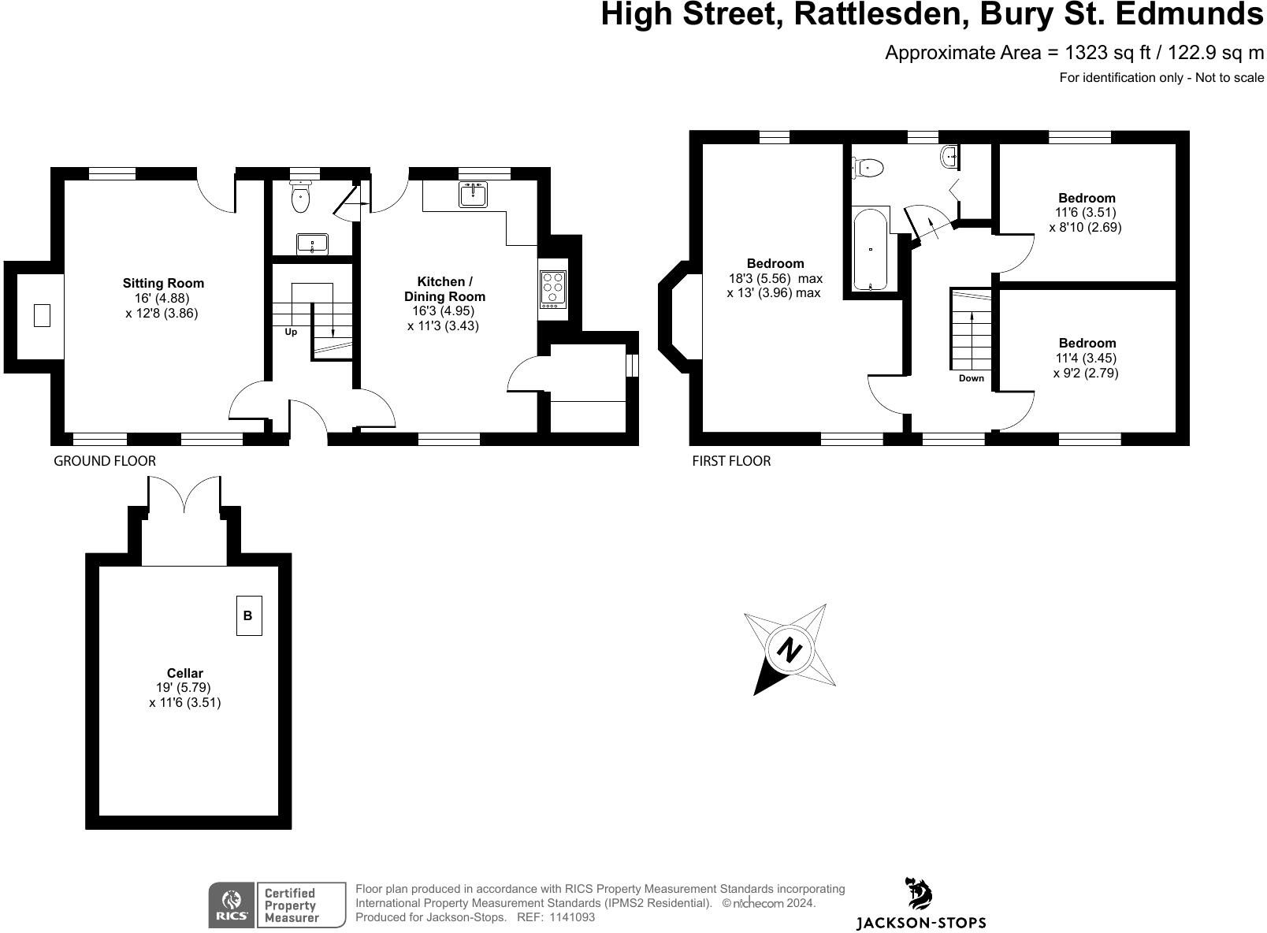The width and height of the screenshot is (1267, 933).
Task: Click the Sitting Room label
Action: click(x=162, y=284)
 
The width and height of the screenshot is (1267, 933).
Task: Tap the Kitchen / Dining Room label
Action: click(x=444, y=289)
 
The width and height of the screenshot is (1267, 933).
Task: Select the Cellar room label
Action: click(x=184, y=673)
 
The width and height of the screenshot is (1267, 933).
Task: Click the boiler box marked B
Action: click(x=248, y=615)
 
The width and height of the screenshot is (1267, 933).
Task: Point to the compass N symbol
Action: click(x=790, y=650)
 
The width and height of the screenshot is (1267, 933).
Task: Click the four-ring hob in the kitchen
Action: click(x=553, y=288)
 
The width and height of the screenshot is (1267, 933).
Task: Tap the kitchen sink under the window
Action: click(x=473, y=194)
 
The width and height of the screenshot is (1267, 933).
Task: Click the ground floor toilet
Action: click(x=300, y=198)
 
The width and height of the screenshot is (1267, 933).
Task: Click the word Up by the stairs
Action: click(x=291, y=333)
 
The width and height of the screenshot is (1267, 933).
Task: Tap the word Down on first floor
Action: click(x=971, y=378)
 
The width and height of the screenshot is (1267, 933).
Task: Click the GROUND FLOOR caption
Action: click(x=104, y=461)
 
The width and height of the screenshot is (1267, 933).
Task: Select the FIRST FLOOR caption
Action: click(x=730, y=461)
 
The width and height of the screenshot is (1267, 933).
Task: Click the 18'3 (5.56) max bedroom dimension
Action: click(x=775, y=278)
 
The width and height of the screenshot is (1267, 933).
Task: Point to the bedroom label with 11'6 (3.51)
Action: click(x=1086, y=199)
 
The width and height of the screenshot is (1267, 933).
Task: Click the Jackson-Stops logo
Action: click(x=920, y=904)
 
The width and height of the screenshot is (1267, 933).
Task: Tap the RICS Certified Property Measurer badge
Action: click(x=277, y=905)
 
